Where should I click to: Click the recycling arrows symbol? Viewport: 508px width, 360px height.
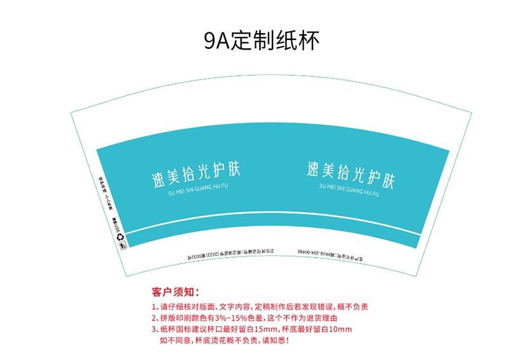[121, 237]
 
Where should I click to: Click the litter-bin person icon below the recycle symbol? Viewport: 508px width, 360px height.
[123, 245]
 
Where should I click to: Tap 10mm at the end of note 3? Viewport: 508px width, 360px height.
[342, 330]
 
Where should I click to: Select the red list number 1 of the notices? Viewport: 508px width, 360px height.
[154, 306]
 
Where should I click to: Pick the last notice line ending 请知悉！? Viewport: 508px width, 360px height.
[225, 341]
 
